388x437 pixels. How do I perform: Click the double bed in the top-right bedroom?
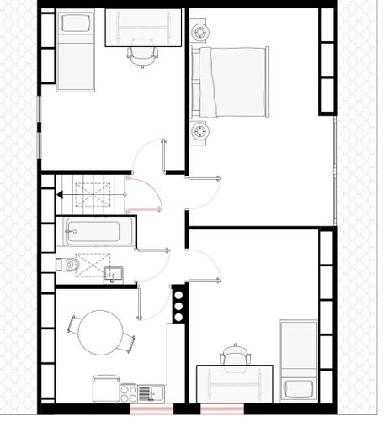click(x=231, y=82)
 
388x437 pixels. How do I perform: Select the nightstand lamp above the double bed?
click(x=201, y=33)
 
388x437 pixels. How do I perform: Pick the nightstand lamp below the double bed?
click(x=201, y=131)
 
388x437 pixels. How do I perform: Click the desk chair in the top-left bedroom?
click(x=142, y=55)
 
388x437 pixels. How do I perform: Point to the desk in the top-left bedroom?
click(x=143, y=27)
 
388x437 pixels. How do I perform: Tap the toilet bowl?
click(x=72, y=266)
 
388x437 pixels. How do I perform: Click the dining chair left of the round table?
click(x=73, y=324)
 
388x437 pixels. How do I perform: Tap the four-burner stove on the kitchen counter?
click(x=129, y=392)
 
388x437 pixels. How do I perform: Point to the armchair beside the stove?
click(x=104, y=387)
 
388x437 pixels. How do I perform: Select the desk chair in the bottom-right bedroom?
click(x=235, y=355)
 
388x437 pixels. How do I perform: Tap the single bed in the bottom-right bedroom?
click(x=298, y=359)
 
